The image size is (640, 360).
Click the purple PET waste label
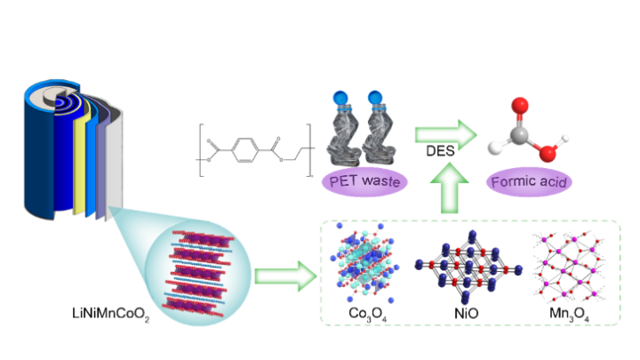364,183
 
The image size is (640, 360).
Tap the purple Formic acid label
529,183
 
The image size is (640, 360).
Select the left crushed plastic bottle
344,133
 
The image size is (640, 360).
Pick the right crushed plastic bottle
381,133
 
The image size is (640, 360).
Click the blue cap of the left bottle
340,98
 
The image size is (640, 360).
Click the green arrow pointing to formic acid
445,135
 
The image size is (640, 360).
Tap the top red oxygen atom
522,105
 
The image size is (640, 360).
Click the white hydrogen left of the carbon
495,148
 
